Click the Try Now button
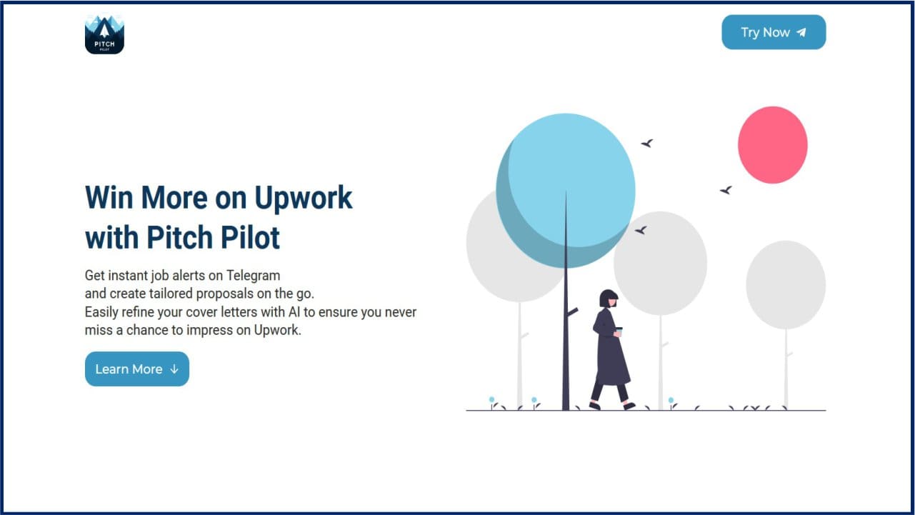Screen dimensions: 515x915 point(774,32)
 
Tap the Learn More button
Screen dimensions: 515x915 point(136,369)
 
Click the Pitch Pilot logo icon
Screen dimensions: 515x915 point(104,34)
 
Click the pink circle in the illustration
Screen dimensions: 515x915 point(772,145)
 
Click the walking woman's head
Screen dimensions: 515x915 point(608,299)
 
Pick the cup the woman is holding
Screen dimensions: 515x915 point(619,331)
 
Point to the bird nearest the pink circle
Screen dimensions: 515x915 point(726,190)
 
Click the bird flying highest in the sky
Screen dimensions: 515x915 point(647,144)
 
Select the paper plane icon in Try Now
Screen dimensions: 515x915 point(801,32)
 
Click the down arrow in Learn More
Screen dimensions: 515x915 point(174,369)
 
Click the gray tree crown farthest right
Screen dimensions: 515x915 point(786,285)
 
